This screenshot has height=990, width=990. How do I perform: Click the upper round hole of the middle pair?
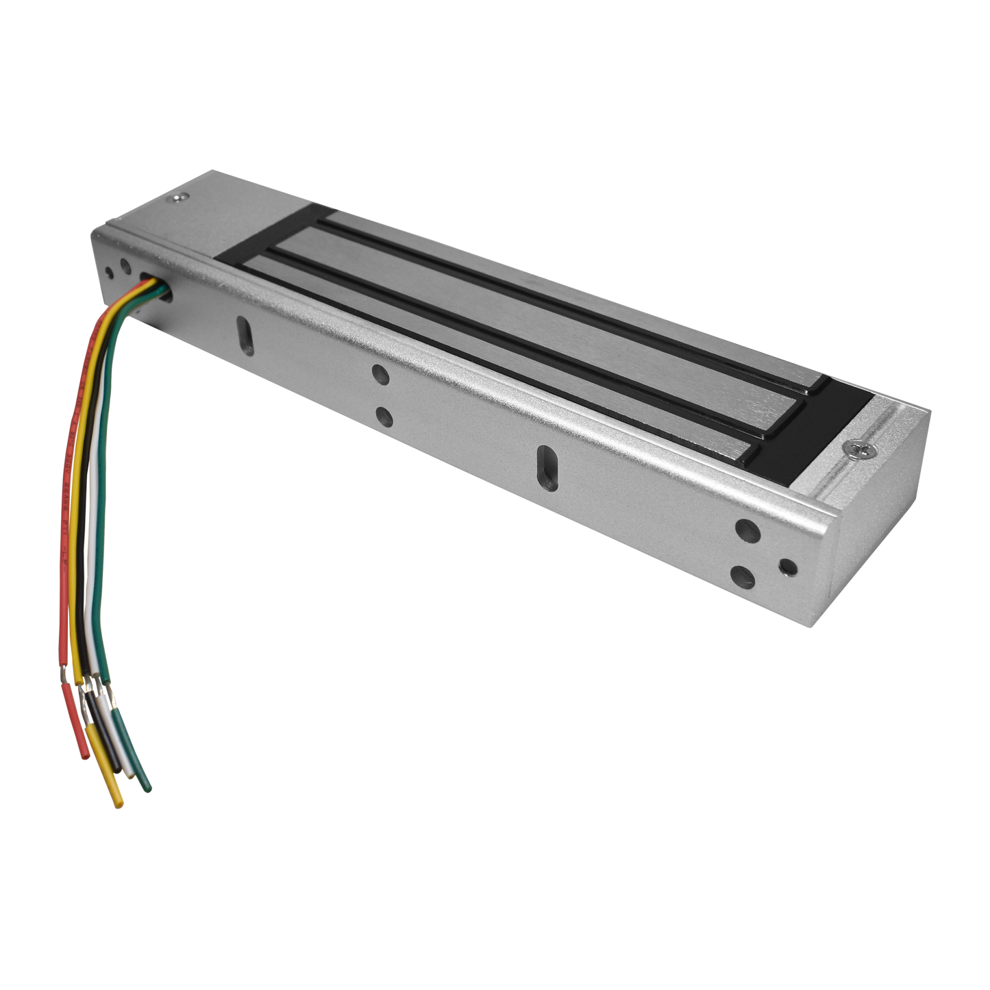coord(379,373)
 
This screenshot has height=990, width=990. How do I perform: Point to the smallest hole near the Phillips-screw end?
coord(789,567)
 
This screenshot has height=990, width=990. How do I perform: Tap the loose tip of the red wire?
coord(83,754)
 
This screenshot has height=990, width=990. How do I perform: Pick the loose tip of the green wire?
coord(146,788)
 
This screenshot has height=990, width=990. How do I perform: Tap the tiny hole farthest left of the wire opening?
coord(108,272)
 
